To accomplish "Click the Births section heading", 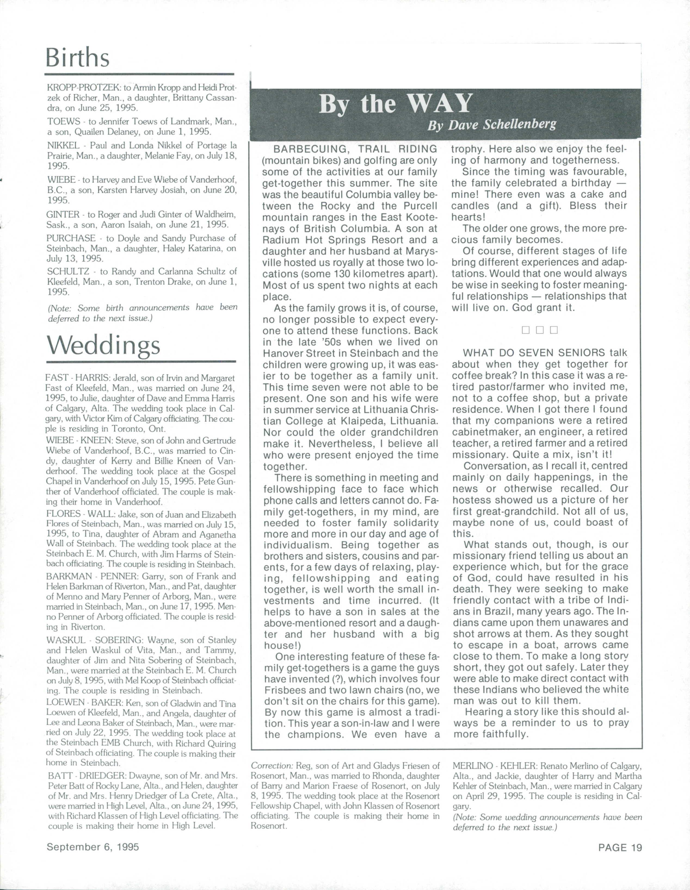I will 78,57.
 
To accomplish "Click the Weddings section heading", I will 103,346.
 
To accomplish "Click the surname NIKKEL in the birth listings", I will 61,146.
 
